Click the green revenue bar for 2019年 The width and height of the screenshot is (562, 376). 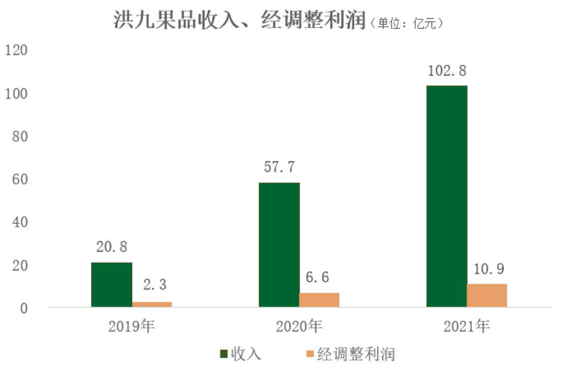[x=112, y=285]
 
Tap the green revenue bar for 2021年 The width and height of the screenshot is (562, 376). [x=447, y=196]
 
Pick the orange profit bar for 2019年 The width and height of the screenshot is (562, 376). [x=152, y=304]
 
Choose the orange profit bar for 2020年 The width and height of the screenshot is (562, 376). [x=319, y=300]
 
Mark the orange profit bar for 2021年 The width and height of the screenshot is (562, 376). [x=487, y=295]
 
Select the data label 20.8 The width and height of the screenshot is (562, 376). [x=112, y=247]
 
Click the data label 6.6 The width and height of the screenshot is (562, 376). [x=319, y=278]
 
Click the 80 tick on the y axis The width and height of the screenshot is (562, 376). [x=19, y=136]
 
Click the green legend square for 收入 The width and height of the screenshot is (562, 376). [x=224, y=354]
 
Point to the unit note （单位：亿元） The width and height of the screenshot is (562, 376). [x=408, y=23]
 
